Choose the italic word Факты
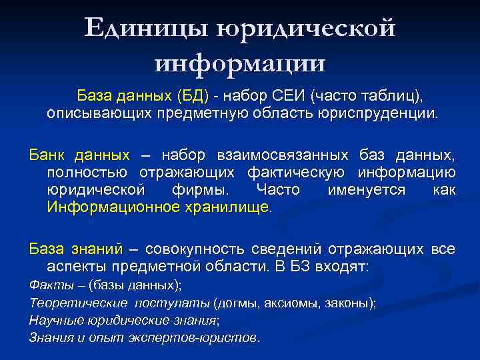pos(45,285)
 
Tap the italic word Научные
pos(52,320)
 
